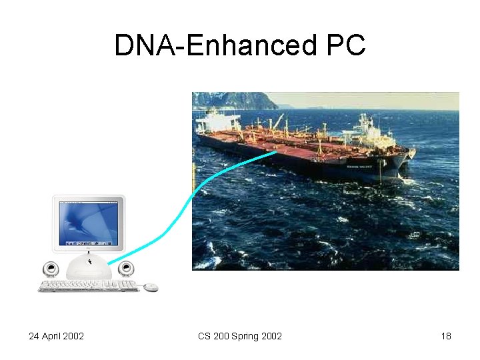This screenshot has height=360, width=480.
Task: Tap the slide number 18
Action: [446, 336]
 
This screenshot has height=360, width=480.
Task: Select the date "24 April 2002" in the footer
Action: [56, 336]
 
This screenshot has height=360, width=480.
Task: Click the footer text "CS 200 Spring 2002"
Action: [240, 336]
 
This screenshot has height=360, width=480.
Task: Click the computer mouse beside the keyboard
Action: [151, 287]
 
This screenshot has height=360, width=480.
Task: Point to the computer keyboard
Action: [87, 286]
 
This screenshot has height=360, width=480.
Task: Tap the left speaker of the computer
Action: [50, 269]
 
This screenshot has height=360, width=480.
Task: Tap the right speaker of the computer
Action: [125, 269]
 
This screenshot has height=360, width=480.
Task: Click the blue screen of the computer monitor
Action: [88, 222]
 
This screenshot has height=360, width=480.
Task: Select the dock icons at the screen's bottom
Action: [88, 241]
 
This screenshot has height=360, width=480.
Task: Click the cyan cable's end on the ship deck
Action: [275, 153]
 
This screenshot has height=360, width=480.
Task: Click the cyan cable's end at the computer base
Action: [109, 262]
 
